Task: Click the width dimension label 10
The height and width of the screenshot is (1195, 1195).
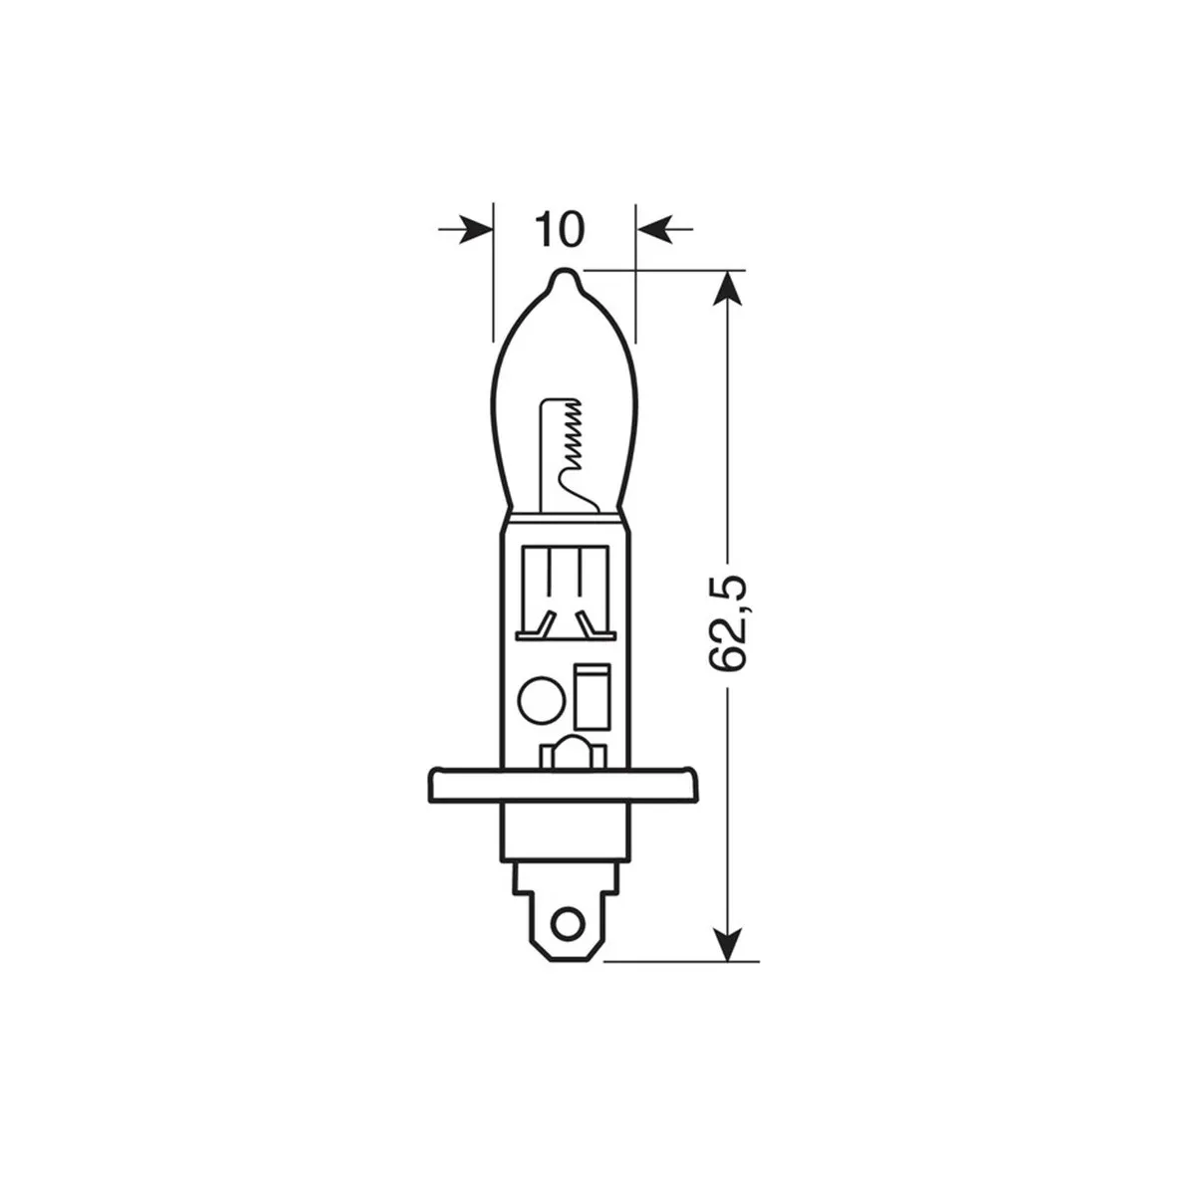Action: tap(560, 229)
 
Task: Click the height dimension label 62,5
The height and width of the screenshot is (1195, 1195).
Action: tap(727, 623)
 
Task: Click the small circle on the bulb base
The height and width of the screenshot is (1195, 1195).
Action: tap(541, 698)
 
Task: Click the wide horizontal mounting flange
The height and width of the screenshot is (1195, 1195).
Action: tap(563, 785)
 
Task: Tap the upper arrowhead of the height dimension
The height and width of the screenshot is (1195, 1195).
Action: tap(727, 288)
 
